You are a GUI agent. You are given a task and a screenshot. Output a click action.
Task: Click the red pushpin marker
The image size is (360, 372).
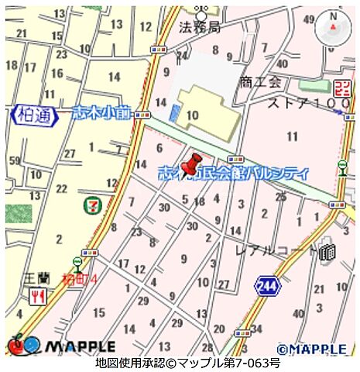pyautogui.click(x=190, y=165)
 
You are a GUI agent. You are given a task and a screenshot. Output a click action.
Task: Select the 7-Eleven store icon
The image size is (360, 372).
pyautogui.click(x=91, y=205)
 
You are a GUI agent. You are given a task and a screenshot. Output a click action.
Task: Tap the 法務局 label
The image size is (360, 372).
pyautogui.click(x=199, y=27)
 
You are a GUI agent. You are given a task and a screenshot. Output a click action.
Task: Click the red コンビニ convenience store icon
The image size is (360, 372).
pyautogui.click(x=341, y=88)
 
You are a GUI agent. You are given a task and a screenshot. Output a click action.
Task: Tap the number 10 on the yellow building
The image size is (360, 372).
pyautogui.click(x=193, y=114)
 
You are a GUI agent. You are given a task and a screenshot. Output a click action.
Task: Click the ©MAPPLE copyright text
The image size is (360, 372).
pyautogui.click(x=311, y=349)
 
